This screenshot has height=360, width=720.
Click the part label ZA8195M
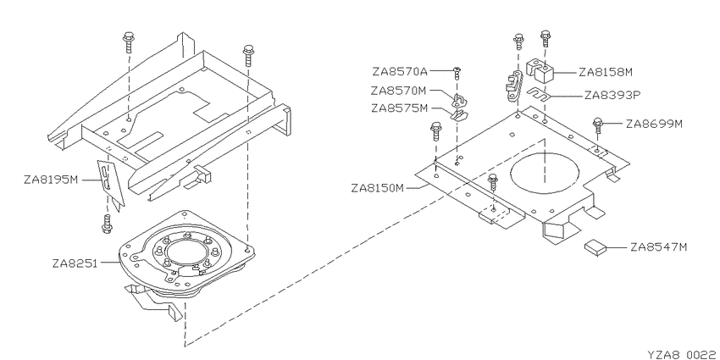coord(52,180)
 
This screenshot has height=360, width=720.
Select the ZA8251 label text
coord(75,263)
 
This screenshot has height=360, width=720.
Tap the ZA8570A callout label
coord(400,72)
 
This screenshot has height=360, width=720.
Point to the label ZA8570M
coord(400,91)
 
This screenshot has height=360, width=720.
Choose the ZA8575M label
coord(400,108)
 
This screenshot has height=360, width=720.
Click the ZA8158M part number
coord(606,72)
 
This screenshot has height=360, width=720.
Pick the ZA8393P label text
coord(612,96)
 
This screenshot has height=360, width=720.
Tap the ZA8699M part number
coord(654,124)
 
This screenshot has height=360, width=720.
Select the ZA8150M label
coord(378,188)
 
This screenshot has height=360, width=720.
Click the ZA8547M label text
coord(659,247)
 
